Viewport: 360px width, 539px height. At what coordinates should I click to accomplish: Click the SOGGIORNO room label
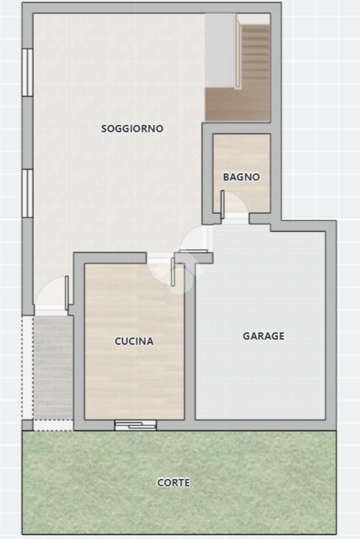coord(132,129)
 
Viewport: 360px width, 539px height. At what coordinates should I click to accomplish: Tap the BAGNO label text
coord(241,177)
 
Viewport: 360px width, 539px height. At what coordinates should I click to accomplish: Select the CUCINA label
coord(134,341)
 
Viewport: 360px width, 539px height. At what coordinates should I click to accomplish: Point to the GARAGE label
coord(264,336)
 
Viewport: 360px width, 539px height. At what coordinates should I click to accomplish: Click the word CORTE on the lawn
coord(173,483)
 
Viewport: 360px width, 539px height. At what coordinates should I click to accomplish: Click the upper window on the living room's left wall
coord(27,72)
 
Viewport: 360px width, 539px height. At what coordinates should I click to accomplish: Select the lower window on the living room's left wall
coord(27,193)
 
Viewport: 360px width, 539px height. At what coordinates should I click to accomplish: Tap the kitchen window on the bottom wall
coord(135,426)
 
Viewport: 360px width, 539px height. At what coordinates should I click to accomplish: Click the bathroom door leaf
coord(222,204)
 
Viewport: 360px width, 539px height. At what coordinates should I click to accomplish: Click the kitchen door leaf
coord(173,271)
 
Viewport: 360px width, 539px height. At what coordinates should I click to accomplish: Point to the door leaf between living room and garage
coord(193,251)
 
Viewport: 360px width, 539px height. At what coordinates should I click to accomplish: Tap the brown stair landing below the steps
coord(238,104)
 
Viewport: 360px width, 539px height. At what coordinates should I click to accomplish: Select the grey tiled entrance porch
coord(53,367)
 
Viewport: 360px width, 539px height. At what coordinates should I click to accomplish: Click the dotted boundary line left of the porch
coord(23,367)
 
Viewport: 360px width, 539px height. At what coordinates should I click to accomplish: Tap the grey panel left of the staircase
coord(220,51)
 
